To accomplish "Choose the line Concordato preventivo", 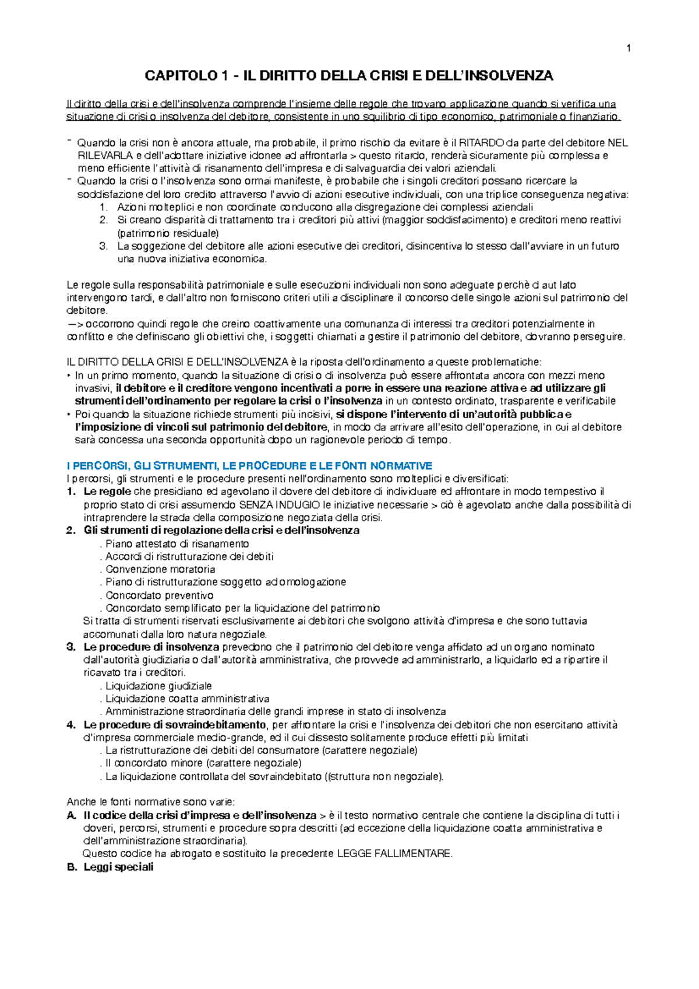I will pos(159,595).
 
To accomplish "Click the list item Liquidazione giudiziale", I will pos(158,686).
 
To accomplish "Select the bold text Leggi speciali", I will pos(118,867).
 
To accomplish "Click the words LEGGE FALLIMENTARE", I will pos(395,854).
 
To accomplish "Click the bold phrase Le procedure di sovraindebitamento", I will pos(175,725).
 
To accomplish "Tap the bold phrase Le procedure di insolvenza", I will pos(151,647).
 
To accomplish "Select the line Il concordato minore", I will pos(154,763).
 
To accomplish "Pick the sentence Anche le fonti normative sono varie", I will pos(151,802).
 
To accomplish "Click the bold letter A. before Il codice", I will pos(72,815).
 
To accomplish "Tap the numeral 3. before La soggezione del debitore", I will pos(104,246).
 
